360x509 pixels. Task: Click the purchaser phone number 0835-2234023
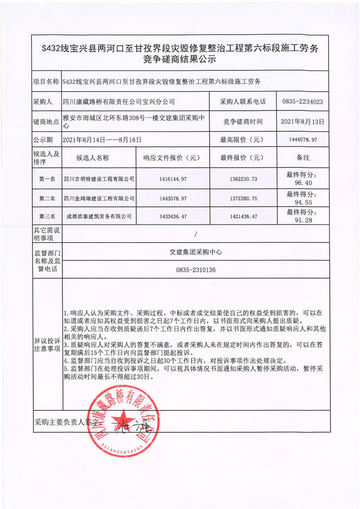pos(302,102)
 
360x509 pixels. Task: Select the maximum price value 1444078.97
pos(302,140)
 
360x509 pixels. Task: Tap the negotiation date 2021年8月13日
pos(302,121)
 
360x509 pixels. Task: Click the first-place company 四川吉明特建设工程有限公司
pos(99,179)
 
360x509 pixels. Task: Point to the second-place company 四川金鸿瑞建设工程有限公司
pos(99,198)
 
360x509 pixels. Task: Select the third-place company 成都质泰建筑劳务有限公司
pos(99,216)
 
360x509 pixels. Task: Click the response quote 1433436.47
pos(173,216)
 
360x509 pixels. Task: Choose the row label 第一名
pos(47,179)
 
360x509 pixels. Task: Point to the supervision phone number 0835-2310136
pos(196,270)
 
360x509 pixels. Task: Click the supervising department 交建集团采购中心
pos(196,252)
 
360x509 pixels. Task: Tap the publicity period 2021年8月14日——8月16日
pos(103,140)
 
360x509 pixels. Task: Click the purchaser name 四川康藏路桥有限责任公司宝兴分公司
pos(119,102)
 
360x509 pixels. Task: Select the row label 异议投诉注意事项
pos(47,344)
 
